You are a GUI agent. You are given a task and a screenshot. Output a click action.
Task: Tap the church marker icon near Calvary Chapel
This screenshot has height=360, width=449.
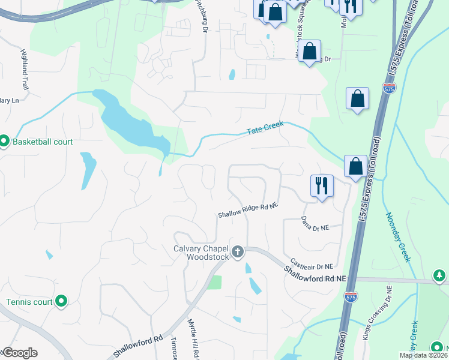coord(238,252)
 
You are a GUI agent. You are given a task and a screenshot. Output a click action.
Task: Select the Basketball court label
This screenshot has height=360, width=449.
coord(43,142)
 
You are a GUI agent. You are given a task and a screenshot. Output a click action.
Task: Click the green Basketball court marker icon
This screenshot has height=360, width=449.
coord(4,142)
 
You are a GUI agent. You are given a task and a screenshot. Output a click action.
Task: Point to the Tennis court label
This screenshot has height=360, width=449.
coord(29,302)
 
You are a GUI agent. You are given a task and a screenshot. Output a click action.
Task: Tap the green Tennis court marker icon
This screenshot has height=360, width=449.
coord(61,302)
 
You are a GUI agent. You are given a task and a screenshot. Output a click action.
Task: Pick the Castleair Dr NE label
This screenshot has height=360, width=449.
coord(311,263)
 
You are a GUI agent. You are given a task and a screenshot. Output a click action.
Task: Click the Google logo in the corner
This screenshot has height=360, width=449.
coord(20,353)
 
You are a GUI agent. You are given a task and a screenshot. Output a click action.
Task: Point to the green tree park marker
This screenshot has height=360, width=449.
coord(440,276)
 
